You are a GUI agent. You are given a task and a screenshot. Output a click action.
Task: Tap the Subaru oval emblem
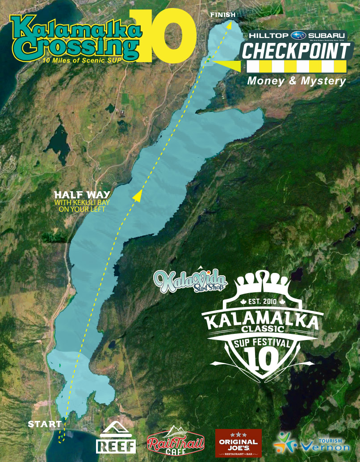click(298, 35)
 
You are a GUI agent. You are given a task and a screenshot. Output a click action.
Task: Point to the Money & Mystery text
click(297, 81)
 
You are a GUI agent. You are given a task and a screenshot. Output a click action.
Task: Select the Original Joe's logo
click(238, 442)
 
